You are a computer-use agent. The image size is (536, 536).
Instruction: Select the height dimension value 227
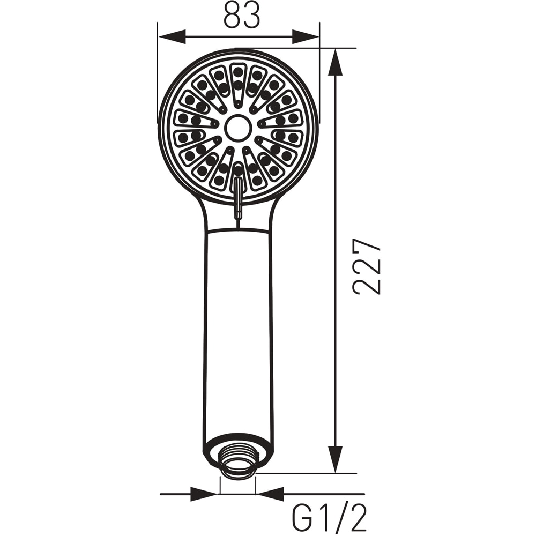pos(367,266)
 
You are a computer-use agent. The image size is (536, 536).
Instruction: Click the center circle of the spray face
pos(238,128)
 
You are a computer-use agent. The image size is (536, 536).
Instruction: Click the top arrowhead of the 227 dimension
pos(336,62)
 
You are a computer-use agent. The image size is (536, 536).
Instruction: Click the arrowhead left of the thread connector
pos(204,494)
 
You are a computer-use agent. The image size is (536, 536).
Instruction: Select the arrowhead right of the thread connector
pos(271,494)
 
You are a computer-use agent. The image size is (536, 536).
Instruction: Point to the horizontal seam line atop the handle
pos(238,231)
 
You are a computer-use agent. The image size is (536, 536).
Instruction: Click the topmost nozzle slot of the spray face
pos(238,80)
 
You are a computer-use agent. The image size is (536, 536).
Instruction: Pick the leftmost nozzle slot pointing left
pos(189,118)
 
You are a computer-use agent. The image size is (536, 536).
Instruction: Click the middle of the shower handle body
pos(238,332)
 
